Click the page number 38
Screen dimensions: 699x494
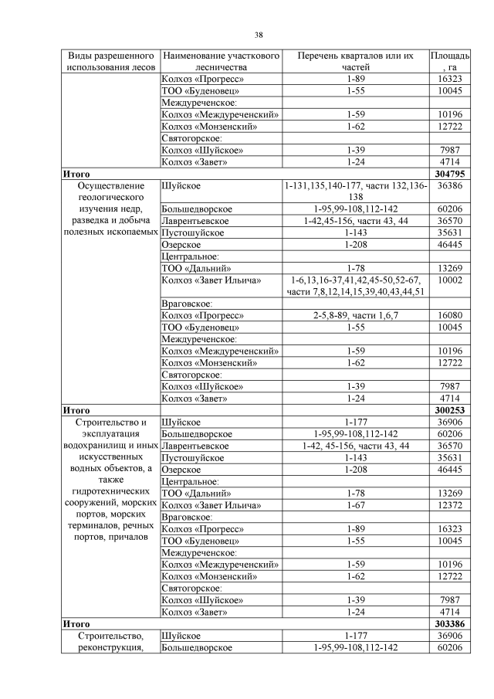(x=259, y=34)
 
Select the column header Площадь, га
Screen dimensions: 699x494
(x=449, y=62)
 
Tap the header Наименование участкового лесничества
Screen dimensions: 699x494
(x=220, y=62)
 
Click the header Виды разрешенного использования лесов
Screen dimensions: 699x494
(x=111, y=62)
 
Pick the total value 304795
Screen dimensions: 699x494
(x=449, y=174)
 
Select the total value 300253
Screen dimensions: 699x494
(x=449, y=410)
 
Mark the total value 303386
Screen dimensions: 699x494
(x=449, y=623)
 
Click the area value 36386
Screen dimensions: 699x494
(x=449, y=186)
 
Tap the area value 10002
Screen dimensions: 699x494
(x=449, y=280)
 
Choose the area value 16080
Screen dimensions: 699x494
(x=449, y=316)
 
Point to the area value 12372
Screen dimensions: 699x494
(x=449, y=505)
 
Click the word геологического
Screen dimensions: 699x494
(x=111, y=197)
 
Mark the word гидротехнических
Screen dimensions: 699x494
(x=111, y=492)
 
